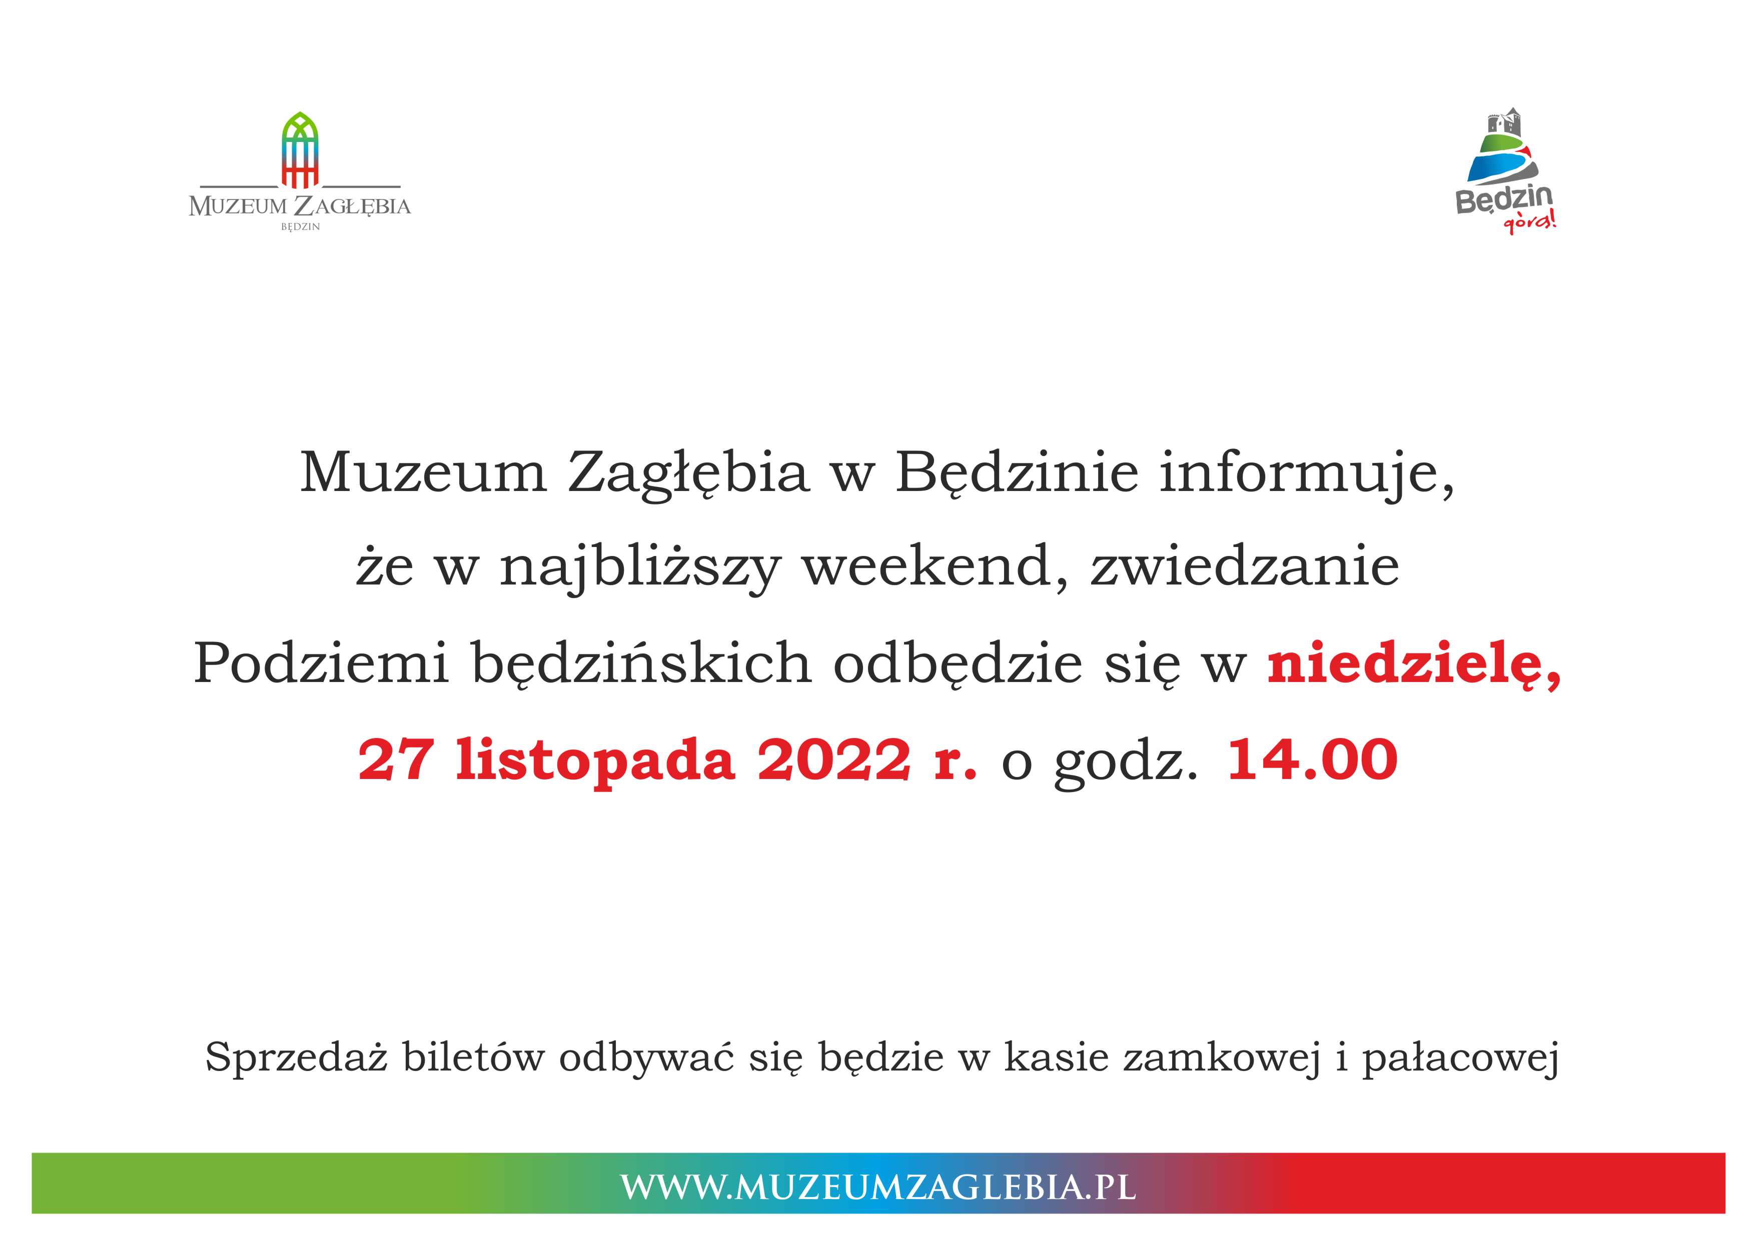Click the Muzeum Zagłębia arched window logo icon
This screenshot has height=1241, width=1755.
(x=300, y=150)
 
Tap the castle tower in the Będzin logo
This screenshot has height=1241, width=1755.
(x=1503, y=122)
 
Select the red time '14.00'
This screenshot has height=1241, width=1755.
(x=1312, y=760)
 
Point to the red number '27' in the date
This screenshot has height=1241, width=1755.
(x=396, y=760)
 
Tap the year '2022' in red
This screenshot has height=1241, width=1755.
(x=834, y=760)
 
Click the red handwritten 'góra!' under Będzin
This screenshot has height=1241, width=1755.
(x=1529, y=222)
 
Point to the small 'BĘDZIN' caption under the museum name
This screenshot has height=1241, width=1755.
(x=300, y=227)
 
